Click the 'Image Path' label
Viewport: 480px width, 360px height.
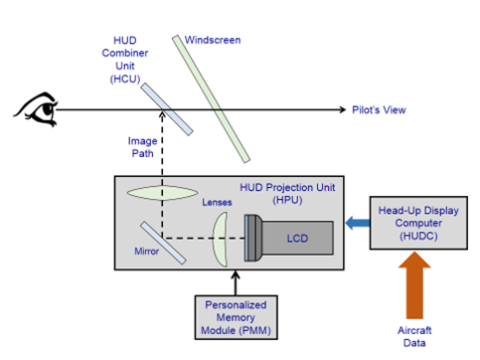(x=142, y=147)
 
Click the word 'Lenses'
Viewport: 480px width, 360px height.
(x=218, y=202)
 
